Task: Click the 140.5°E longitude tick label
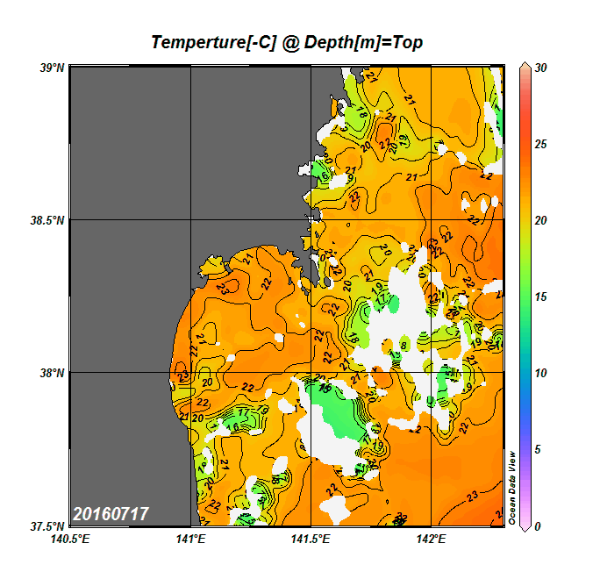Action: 69,540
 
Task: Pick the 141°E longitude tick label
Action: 190,540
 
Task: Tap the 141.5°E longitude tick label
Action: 311,540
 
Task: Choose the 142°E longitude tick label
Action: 432,540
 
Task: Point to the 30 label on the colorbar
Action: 540,68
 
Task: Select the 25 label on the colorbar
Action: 540,144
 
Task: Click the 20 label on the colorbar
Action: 540,220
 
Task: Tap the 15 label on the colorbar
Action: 540,297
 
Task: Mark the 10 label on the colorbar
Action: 540,373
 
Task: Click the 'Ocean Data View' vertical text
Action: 513,488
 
